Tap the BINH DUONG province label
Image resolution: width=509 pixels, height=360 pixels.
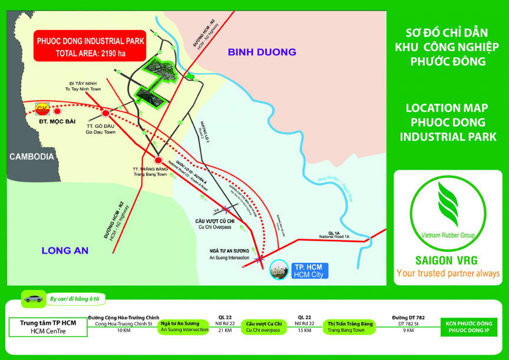[x=262, y=52]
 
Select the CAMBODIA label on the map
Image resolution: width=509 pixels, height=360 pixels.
[x=31, y=157]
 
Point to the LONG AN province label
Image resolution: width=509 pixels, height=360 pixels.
[x=65, y=250]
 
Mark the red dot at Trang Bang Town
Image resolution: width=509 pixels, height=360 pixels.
[x=158, y=160]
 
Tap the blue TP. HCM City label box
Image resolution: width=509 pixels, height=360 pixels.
[x=308, y=270]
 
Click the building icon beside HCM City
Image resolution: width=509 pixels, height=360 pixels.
[x=277, y=270]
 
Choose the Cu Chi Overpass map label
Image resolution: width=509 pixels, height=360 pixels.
[x=215, y=223]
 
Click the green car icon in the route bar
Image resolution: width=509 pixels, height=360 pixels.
[x=32, y=299]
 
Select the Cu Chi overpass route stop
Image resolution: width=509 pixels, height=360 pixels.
[x=263, y=326]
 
